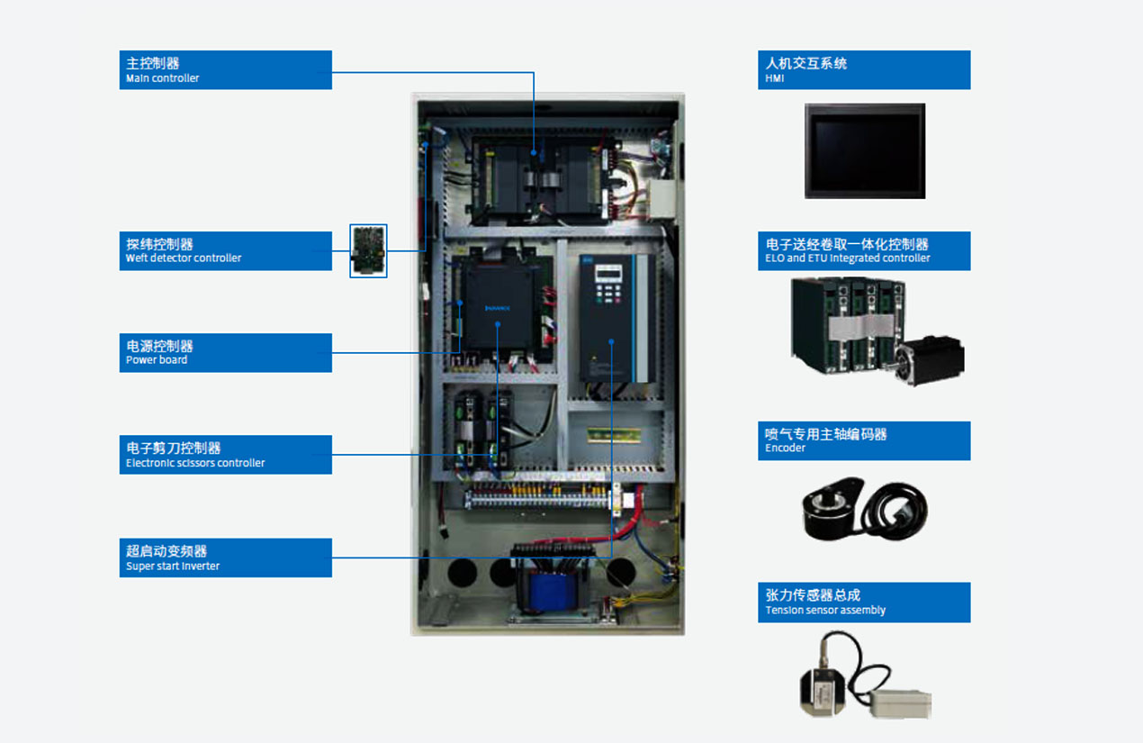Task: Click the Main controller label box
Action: [x=225, y=69]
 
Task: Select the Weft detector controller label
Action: [x=225, y=250]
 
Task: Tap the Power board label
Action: [x=225, y=352]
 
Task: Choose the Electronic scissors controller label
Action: [x=225, y=455]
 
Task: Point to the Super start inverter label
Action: [x=225, y=557]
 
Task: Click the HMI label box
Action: [x=863, y=69]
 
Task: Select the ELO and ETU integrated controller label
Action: [x=863, y=250]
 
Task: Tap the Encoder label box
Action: [x=863, y=440]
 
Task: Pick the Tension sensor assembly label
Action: [x=863, y=602]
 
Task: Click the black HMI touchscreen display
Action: [x=864, y=150]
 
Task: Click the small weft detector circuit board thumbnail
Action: [x=368, y=250]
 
